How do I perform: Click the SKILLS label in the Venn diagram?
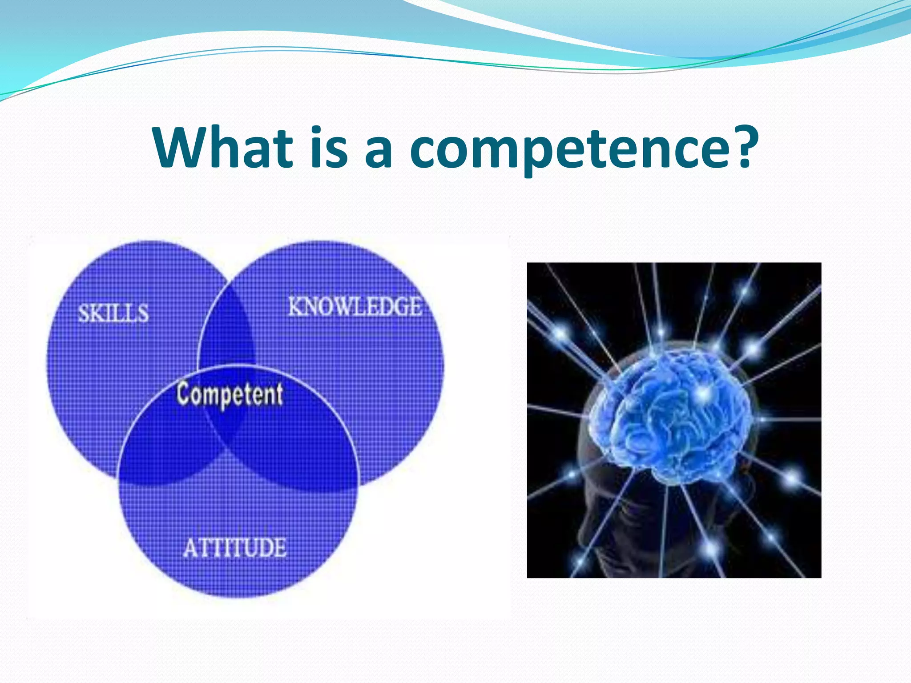coord(113,313)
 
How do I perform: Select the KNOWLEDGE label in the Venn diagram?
coord(355,307)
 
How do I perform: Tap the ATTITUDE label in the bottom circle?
coord(235,548)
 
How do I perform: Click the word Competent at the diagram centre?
coord(230,394)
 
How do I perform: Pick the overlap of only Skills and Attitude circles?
coord(165,445)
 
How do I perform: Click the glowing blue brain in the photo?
coord(672,414)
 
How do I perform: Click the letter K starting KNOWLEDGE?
coord(295,307)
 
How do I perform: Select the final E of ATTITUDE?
coord(279,548)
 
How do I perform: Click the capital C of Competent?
coord(183,393)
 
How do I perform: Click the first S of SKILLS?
coord(84,313)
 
